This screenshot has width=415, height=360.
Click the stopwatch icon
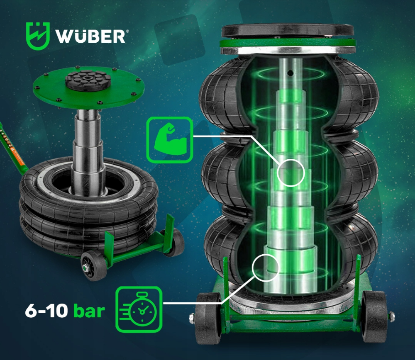139,309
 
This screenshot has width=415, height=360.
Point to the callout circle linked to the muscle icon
291,172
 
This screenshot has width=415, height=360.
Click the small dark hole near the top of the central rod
291,73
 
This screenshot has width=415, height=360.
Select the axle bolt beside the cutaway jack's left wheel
192,319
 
